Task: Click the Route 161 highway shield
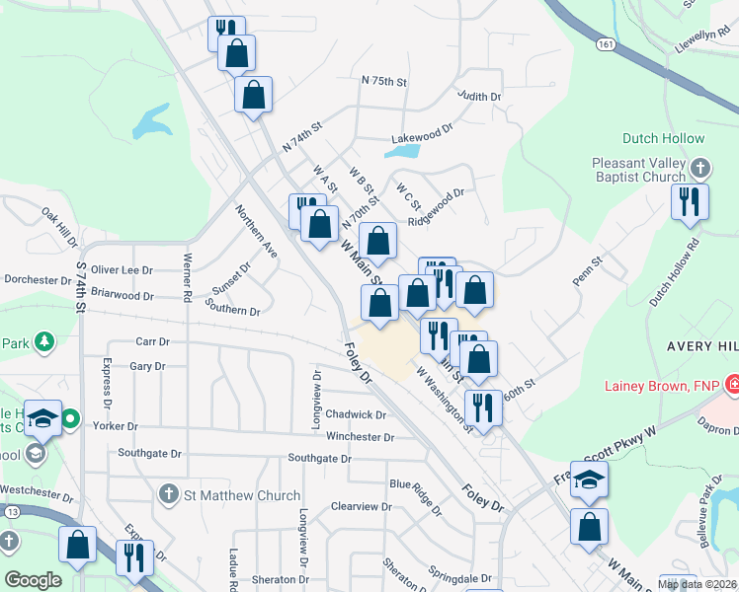(606, 44)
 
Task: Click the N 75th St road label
(384, 81)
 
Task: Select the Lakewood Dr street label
(421, 128)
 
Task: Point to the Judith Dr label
(479, 97)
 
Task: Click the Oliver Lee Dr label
(122, 269)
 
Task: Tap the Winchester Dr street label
(360, 437)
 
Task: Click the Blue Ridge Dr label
(415, 496)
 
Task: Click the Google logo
(33, 580)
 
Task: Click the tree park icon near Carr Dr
(43, 342)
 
